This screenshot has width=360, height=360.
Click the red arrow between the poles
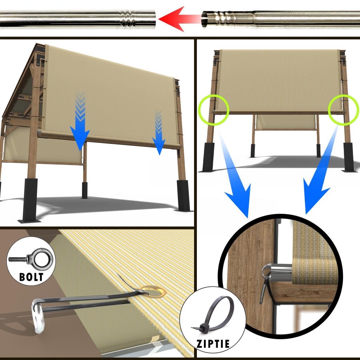pyautogui.click(x=178, y=19)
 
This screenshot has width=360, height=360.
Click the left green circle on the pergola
pyautogui.click(x=213, y=109)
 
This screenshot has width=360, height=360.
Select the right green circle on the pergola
pyautogui.click(x=343, y=109)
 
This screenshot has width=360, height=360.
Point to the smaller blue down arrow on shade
pyautogui.click(x=159, y=132)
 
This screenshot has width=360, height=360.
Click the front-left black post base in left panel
pyautogui.click(x=30, y=200)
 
